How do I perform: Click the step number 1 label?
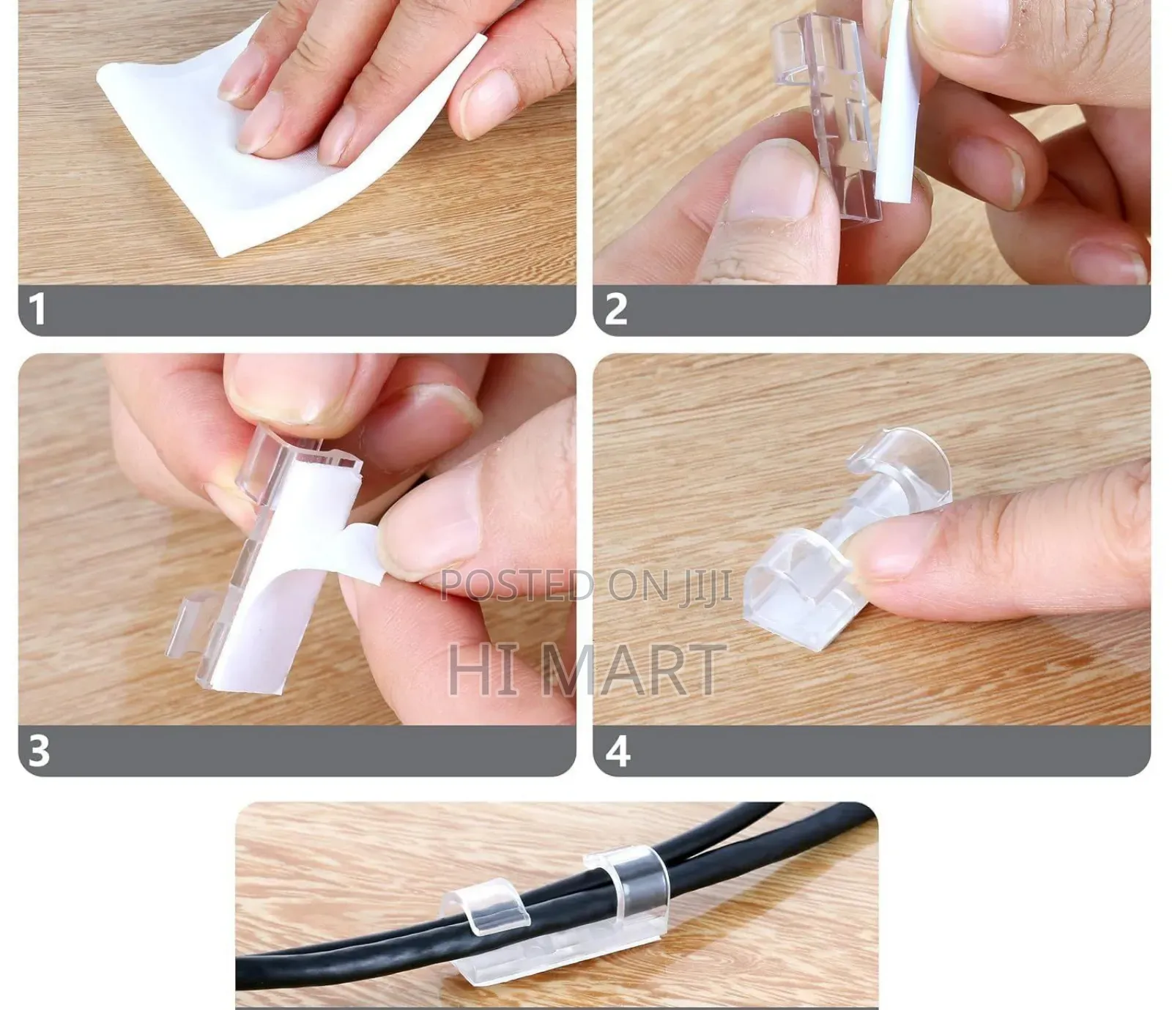click(x=37, y=308)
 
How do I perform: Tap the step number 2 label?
click(x=615, y=308)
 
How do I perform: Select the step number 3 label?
click(x=39, y=750)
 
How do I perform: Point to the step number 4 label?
click(x=617, y=750)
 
